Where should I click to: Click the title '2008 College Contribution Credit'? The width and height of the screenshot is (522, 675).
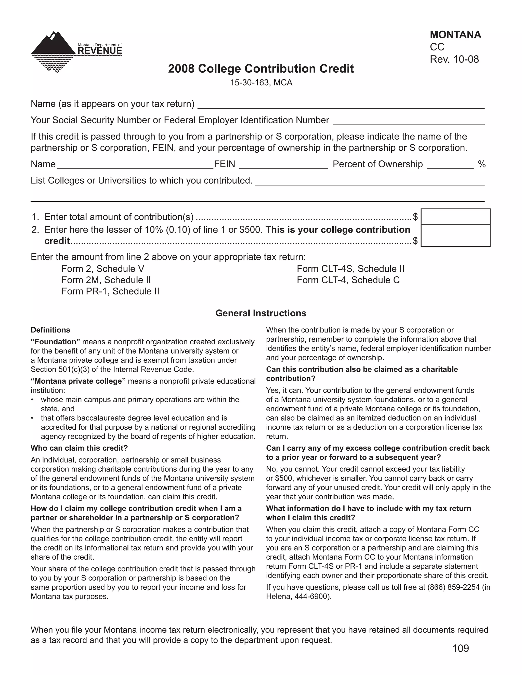[261, 69]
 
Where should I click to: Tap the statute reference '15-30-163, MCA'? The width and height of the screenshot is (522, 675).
[261, 83]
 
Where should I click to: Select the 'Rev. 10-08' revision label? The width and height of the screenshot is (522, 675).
[454, 59]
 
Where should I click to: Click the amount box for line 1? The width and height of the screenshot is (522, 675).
[455, 216]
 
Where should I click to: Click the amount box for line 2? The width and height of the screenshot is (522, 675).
[455, 235]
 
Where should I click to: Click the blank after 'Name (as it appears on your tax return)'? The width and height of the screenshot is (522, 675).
[340, 104]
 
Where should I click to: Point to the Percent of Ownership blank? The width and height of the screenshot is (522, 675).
[450, 165]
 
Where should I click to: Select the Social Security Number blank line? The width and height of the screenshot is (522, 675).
[408, 121]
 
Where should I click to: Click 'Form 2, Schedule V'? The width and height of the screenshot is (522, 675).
[103, 268]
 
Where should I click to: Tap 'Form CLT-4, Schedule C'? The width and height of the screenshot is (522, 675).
[348, 280]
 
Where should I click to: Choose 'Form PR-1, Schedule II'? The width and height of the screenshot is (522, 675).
[110, 291]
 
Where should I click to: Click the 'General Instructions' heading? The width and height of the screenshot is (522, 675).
[261, 313]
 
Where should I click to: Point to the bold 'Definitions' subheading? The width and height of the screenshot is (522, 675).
[50, 330]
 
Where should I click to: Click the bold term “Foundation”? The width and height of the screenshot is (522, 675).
[55, 342]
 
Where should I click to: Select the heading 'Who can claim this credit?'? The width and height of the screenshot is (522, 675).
[79, 448]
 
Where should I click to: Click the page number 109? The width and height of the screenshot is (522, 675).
[461, 648]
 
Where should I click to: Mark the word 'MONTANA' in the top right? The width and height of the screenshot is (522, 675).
[455, 35]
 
